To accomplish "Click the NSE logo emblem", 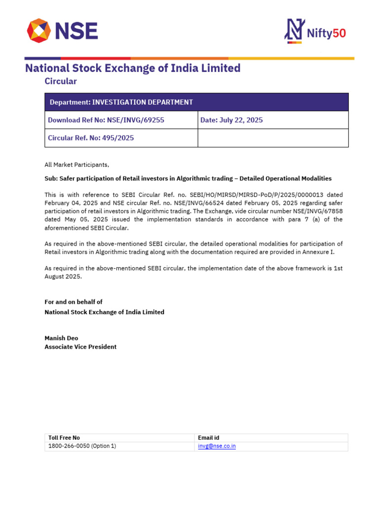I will (x=38, y=31).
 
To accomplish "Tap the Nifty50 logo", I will (x=315, y=32).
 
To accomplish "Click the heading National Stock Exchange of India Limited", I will (x=133, y=68).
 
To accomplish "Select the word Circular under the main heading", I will (x=61, y=81).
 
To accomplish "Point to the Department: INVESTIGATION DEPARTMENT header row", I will (x=196, y=102).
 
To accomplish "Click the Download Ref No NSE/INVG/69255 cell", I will (x=121, y=120).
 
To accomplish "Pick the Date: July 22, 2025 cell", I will (x=273, y=120).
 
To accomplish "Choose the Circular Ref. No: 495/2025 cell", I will (x=121, y=138).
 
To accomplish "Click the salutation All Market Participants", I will (x=77, y=165).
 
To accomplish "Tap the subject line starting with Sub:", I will (x=188, y=179).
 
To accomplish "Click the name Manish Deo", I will (x=61, y=338).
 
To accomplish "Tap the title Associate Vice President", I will (x=80, y=347).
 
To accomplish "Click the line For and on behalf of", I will (x=74, y=302).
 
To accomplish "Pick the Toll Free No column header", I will (x=64, y=438).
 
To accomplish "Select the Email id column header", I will (x=208, y=438).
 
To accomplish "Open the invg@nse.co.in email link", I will (x=217, y=446).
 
